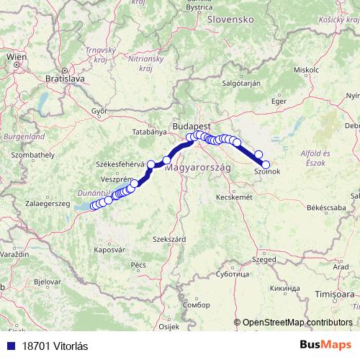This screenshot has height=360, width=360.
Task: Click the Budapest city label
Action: click(191, 124)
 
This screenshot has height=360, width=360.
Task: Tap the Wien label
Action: click(17, 55)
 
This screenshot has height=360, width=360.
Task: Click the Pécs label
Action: click(139, 265)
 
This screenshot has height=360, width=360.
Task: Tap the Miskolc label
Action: click(307, 70)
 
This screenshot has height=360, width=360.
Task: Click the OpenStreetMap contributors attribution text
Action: click(297, 323)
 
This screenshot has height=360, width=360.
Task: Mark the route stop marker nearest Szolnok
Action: click(266, 164)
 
